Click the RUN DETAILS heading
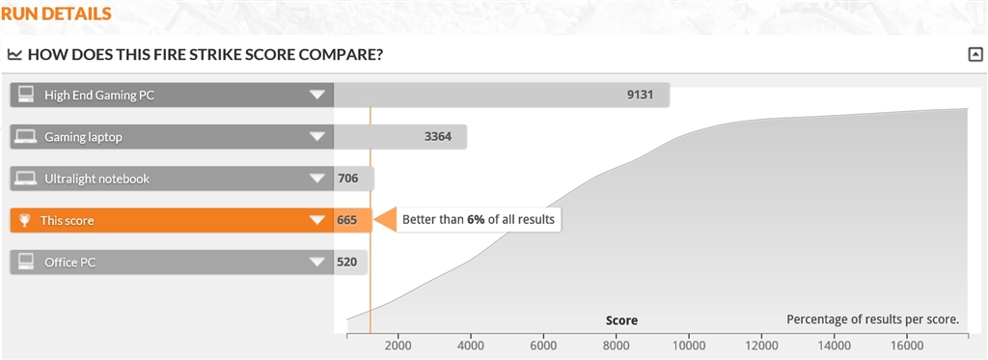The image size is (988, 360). [x=56, y=14]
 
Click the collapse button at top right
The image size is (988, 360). [x=974, y=55]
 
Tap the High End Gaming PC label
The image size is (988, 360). [x=99, y=96]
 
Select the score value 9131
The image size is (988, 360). [x=641, y=96]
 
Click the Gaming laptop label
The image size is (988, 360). [x=83, y=137]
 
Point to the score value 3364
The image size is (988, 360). [x=438, y=137]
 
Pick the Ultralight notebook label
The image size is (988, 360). [x=97, y=179]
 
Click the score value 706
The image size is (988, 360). [x=347, y=179]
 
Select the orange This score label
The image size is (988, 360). [x=67, y=221]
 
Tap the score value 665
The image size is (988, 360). [x=346, y=221]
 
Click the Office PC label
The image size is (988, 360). [x=69, y=263]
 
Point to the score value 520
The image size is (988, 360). [x=347, y=263]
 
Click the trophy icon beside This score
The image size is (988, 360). [x=24, y=221]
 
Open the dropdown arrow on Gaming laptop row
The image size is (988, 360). [x=316, y=137]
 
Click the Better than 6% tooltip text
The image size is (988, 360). [x=479, y=220]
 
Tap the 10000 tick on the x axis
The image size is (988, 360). [x=688, y=337]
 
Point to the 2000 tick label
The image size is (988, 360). [x=398, y=346]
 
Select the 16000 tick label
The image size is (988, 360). [x=907, y=346]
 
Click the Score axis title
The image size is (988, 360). [x=622, y=320]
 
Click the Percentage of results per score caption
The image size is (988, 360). [x=872, y=319]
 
